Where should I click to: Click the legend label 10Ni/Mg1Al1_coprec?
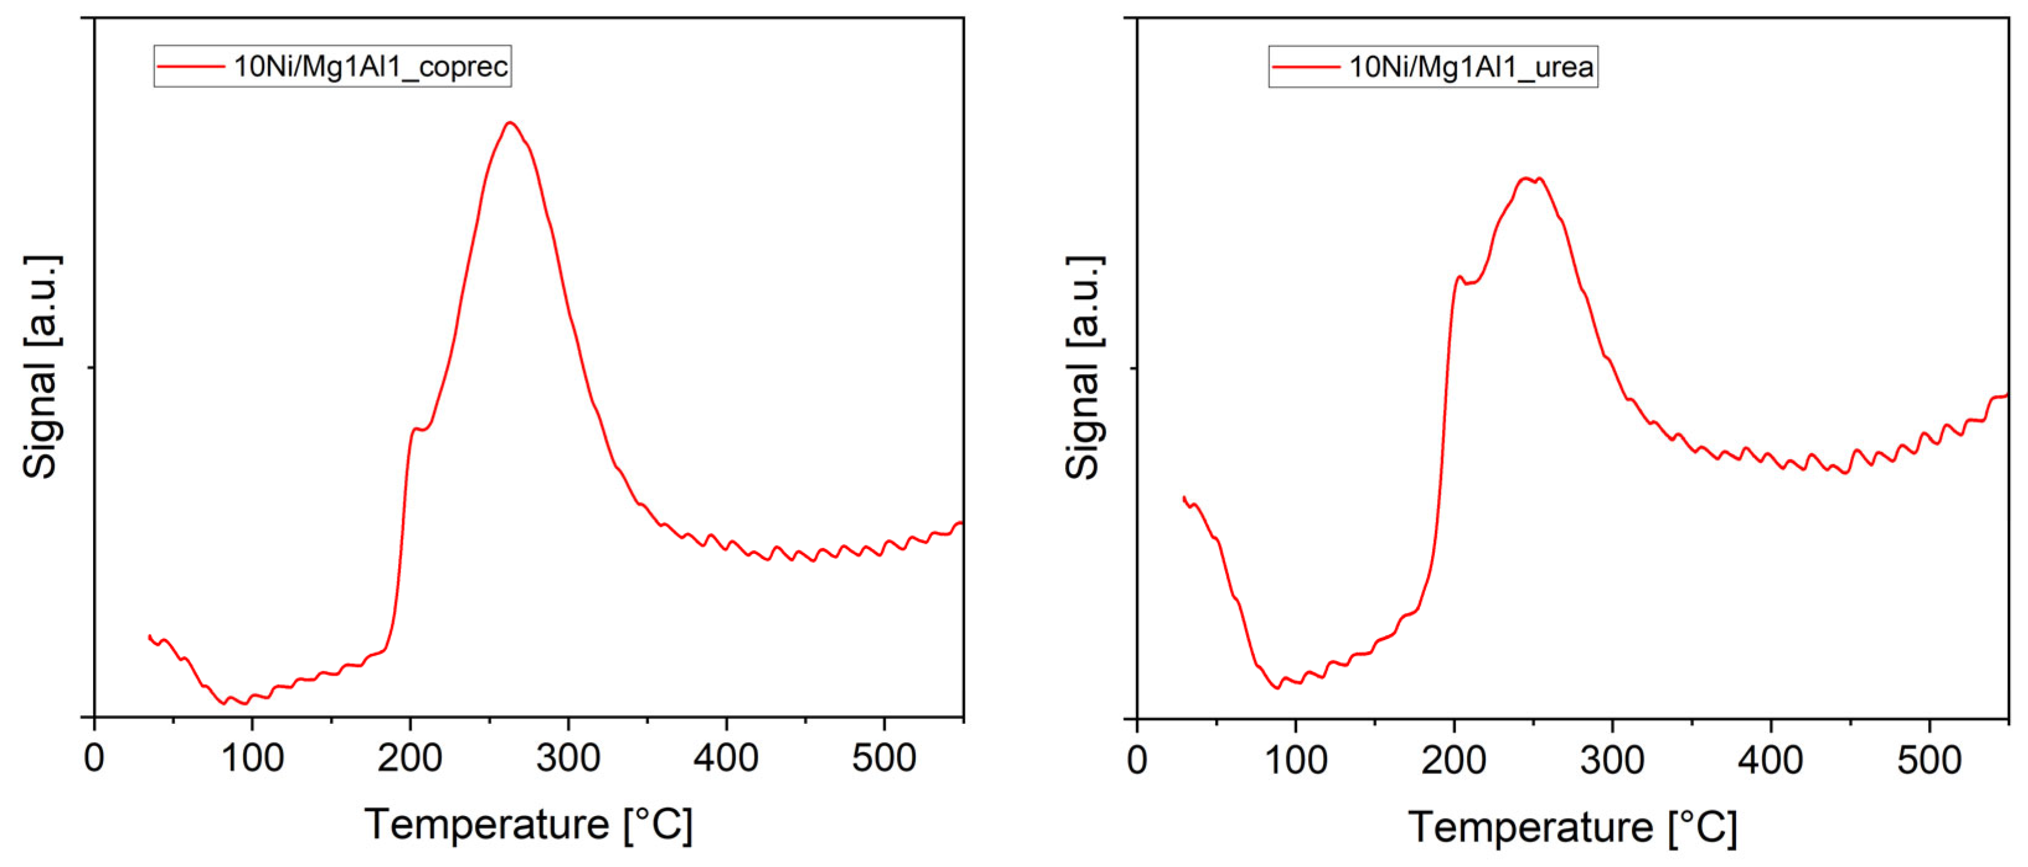(x=370, y=66)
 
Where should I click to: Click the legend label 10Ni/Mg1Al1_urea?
(x=1471, y=67)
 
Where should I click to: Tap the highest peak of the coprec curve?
(x=510, y=123)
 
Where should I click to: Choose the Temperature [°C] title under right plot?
(x=1572, y=828)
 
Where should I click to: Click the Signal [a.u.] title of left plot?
(x=41, y=367)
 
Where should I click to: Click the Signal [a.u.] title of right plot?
(x=1084, y=367)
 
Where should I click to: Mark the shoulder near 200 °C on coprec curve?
(x=417, y=429)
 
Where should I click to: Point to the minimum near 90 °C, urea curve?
(x=1277, y=689)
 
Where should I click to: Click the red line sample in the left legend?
(x=190, y=66)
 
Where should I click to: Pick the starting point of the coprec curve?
(x=149, y=636)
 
